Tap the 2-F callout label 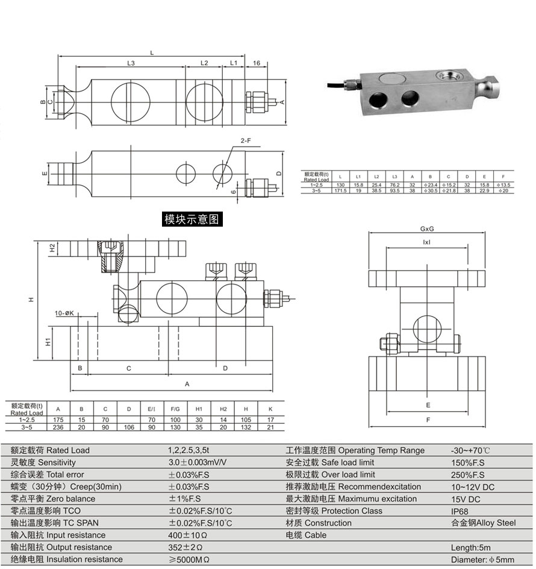246,140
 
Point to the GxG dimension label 428,229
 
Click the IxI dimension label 426,242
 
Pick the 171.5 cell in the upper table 340,190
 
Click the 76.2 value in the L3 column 393,184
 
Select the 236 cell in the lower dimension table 58,427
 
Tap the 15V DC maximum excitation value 466,498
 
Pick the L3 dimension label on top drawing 131,63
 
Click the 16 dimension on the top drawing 256,63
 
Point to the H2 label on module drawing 53,248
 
